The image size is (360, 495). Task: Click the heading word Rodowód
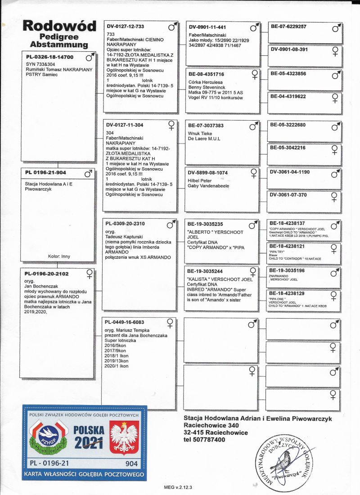(x=59, y=27)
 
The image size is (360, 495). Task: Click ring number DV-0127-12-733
(x=125, y=27)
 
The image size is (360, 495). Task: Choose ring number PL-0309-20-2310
(x=125, y=224)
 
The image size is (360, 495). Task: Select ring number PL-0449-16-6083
(x=125, y=322)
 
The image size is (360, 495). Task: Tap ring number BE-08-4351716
(x=206, y=74)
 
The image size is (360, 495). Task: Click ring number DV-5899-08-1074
(x=207, y=172)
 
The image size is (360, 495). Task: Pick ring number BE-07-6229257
(x=288, y=27)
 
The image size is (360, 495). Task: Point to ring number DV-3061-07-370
(x=288, y=195)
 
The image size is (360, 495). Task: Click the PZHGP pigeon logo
(x=48, y=436)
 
